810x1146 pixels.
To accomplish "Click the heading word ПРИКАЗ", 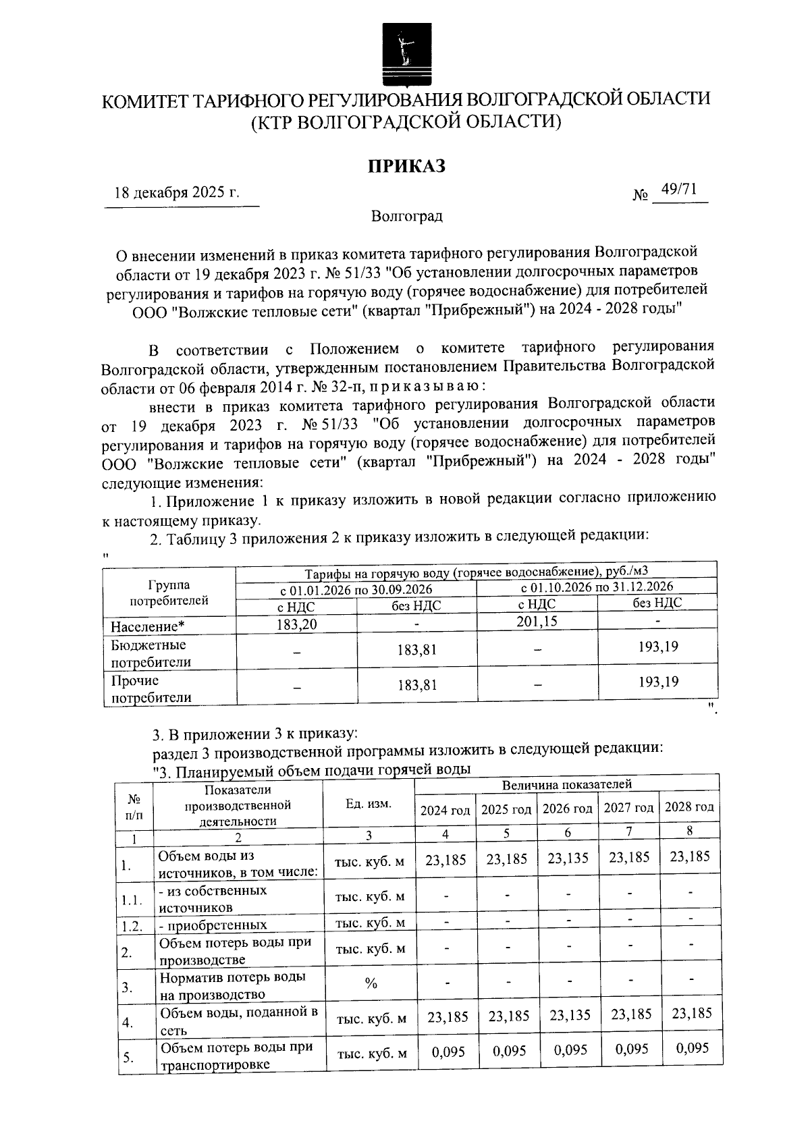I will point(406,166).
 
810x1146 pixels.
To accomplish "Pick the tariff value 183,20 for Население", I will point(296,624).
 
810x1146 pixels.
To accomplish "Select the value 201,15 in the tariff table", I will point(537,621).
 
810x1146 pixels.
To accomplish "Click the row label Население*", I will point(148,626).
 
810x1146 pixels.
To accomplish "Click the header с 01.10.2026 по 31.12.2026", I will point(597,586).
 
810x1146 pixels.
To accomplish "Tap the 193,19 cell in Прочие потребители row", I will point(658,682).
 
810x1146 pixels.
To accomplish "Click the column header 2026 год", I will point(568,809).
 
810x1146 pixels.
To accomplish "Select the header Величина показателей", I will point(566,784).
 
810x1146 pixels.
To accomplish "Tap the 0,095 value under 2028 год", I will point(692,1048).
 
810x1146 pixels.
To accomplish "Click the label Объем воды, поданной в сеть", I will point(238,1020).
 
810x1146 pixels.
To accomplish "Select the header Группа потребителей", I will point(169,593).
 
